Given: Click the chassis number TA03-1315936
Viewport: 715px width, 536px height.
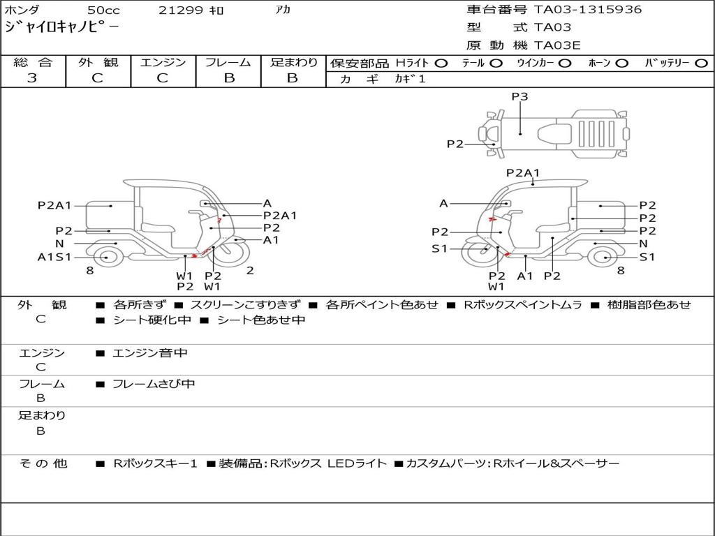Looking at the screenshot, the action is pos(587,10).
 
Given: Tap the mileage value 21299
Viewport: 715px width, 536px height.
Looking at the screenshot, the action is pos(181,10).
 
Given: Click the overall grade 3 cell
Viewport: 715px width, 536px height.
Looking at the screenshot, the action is pos(33,78).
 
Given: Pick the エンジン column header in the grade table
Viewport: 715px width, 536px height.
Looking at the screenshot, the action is pos(163,63).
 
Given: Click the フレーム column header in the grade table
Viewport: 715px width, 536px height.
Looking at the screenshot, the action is pos(228,63).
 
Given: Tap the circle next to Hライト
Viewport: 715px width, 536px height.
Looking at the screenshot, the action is pos(441,64).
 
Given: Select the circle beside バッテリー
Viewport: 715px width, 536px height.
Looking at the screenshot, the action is pos(702,64).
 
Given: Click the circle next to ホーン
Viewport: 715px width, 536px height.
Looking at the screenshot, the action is pos(622,64).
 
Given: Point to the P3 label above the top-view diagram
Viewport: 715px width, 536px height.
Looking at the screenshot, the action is pos(519,97).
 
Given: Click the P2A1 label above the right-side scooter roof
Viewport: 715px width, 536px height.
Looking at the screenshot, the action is pos(523,173).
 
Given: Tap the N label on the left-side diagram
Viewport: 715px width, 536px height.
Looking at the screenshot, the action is pos(59,244).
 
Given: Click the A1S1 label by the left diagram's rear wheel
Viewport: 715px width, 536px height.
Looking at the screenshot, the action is pos(54,257).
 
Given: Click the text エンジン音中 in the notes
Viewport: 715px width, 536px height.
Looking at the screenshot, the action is pos(150,353).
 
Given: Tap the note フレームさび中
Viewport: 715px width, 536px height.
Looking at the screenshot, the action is pos(154,384).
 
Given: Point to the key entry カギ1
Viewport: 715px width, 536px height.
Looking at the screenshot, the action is pos(410,80).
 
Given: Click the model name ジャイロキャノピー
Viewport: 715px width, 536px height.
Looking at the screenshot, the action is pos(61,27).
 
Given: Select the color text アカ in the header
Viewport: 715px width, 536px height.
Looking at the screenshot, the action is pos(283,10).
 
